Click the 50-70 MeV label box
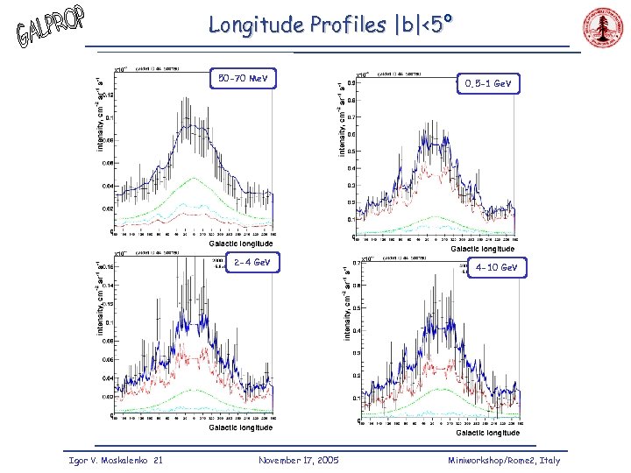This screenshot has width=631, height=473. coord(243,80)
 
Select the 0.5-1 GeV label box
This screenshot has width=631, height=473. coord(488,83)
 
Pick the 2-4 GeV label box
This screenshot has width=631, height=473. coord(252,262)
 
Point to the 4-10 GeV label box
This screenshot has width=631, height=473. coord(497,266)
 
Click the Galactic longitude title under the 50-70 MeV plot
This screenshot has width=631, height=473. coord(239,244)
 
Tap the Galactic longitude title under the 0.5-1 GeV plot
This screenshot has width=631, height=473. coord(482,250)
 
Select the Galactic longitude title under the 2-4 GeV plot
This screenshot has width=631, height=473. coord(239,427)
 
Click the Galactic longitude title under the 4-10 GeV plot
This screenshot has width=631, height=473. coord(487,433)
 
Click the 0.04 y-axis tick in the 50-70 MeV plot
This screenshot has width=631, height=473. coord(106,186)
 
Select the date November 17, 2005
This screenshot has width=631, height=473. coord(299,461)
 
